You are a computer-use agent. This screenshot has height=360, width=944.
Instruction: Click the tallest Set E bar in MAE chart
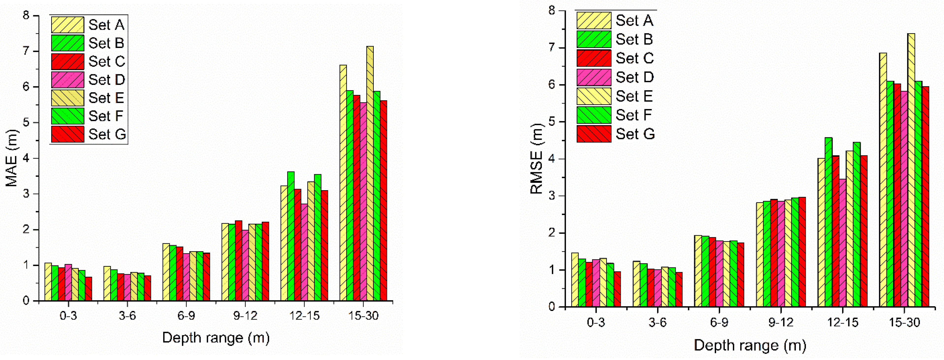coord(370,172)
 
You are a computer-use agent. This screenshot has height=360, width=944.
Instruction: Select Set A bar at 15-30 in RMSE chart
coord(883,180)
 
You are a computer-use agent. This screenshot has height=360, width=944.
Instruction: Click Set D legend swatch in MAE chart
coord(67,79)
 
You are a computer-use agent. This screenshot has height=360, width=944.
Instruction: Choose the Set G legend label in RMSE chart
coord(635,134)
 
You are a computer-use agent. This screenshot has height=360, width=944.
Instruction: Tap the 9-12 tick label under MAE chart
coord(245,315)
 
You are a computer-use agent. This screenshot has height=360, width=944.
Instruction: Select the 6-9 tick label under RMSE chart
coord(719,322)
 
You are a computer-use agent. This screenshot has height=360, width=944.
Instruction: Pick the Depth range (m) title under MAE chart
coord(216,338)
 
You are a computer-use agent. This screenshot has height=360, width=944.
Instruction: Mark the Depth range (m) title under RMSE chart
coord(750,345)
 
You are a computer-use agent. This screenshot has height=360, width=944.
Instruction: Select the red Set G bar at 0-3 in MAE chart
coord(88,289)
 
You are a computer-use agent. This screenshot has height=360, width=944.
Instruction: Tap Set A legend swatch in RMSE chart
coord(594,20)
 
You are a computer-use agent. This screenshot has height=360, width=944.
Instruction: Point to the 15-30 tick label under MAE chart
coord(363,315)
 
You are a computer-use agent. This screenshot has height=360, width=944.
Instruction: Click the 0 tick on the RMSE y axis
coord(552,307)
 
